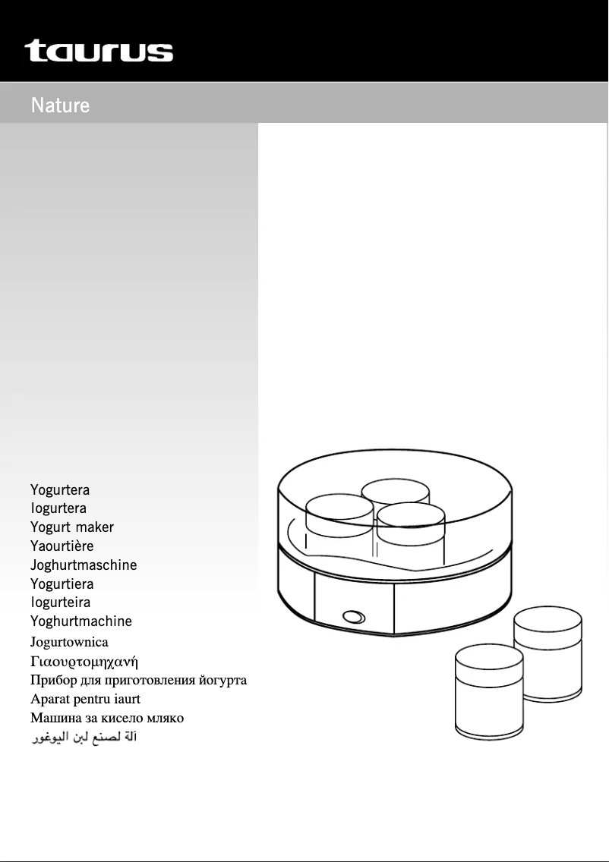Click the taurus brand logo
[99, 51]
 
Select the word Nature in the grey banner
[60, 105]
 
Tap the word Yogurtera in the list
[60, 489]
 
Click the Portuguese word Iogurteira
[60, 602]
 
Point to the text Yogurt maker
[72, 527]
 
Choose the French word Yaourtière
[62, 546]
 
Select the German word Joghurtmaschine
[84, 565]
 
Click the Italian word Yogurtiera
[62, 584]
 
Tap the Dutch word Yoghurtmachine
[81, 621]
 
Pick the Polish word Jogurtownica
[69, 642]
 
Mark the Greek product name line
[84, 662]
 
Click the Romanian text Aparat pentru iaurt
[85, 699]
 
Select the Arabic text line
[84, 737]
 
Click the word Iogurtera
[58, 508]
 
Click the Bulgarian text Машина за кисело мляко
[107, 718]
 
